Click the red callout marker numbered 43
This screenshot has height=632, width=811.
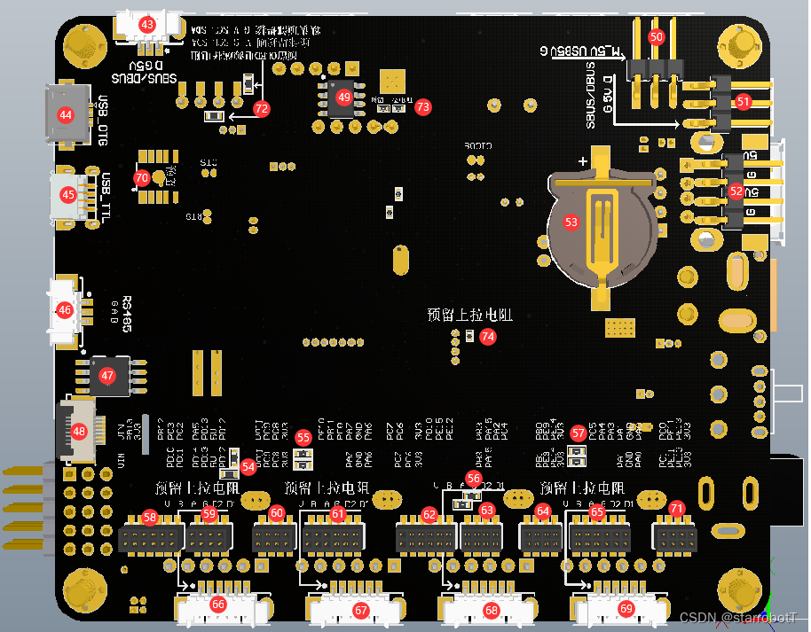(x=147, y=24)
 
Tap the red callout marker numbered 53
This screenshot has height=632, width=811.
(x=571, y=222)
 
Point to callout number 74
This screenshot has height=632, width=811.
(x=487, y=336)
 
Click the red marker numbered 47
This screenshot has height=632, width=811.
(x=107, y=376)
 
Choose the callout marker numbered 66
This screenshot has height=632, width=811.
(x=218, y=605)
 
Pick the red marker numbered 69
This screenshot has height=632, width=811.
(x=626, y=609)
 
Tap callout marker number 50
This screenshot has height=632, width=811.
(x=657, y=37)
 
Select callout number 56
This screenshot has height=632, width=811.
(x=474, y=478)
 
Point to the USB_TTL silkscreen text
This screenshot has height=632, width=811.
(x=106, y=196)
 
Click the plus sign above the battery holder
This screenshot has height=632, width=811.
(x=583, y=161)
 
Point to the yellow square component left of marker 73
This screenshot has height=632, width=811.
(x=392, y=82)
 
